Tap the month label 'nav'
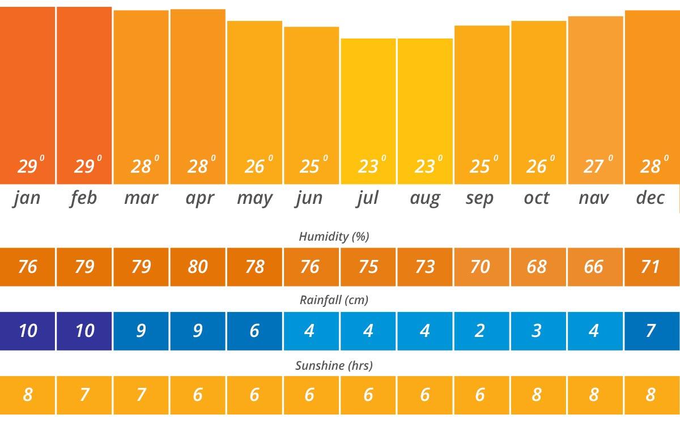point(593,198)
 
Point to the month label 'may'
point(254,199)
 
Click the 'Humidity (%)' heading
point(334,236)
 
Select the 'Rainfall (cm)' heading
point(334,300)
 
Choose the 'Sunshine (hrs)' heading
point(334,365)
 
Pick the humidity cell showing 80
point(198,266)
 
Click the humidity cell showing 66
point(593,266)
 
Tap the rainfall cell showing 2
point(480,331)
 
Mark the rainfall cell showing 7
point(651,331)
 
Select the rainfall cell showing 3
point(537,331)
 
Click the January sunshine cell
point(27,395)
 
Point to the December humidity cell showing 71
point(651,266)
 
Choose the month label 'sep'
point(480,198)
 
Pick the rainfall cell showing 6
point(254,331)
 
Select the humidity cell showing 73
point(424,266)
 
